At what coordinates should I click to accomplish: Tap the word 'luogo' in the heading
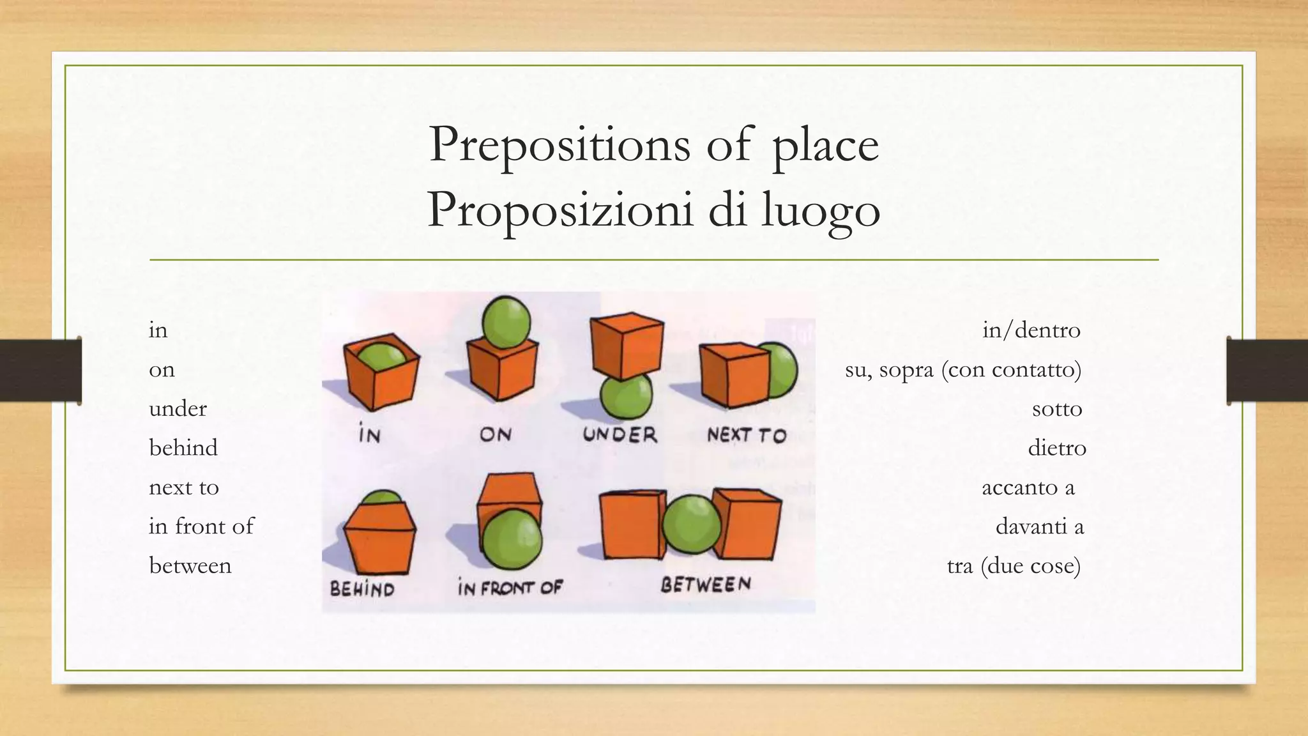821,210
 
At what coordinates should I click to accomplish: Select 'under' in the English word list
178,409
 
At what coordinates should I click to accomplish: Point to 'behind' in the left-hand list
183,448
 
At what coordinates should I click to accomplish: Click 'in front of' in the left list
201,526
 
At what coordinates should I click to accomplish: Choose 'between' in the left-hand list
190,566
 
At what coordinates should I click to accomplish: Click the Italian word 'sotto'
1057,409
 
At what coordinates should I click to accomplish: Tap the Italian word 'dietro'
1057,448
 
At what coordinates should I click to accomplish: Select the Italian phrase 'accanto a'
1028,487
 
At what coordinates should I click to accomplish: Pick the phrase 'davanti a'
1040,526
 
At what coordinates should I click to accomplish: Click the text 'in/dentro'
1031,330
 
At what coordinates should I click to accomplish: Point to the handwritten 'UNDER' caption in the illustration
620,435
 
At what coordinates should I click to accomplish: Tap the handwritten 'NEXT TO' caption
747,435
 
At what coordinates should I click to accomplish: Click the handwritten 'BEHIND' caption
362,588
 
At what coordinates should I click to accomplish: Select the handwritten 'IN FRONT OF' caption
510,587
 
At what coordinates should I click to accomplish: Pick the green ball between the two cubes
691,525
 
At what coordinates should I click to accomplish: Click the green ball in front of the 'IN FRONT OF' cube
512,539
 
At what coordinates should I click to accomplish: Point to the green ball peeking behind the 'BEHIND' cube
383,497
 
